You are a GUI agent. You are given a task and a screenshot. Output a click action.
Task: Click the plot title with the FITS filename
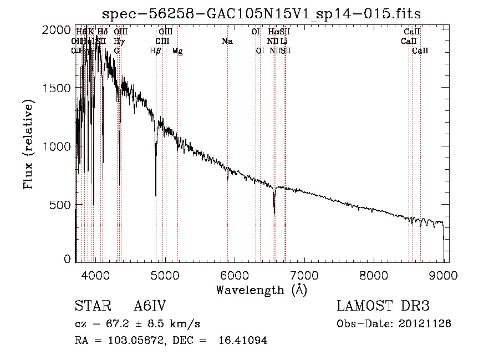click(x=262, y=13)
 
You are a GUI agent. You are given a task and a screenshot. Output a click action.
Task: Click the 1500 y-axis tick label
click(x=57, y=88)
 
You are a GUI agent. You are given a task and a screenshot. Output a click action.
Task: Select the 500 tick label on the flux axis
click(x=60, y=205)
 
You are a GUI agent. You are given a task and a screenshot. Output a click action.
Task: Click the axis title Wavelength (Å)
click(x=261, y=290)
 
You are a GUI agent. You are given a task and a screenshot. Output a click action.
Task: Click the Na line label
click(x=227, y=41)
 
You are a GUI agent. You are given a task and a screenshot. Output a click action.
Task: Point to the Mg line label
click(x=177, y=50)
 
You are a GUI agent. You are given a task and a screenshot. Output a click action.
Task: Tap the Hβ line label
click(x=156, y=50)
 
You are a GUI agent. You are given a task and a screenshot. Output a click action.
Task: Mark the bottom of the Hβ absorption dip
click(x=156, y=195)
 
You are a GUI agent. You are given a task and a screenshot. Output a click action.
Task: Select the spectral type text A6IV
click(x=150, y=306)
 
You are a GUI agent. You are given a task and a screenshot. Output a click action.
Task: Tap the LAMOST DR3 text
click(x=383, y=306)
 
